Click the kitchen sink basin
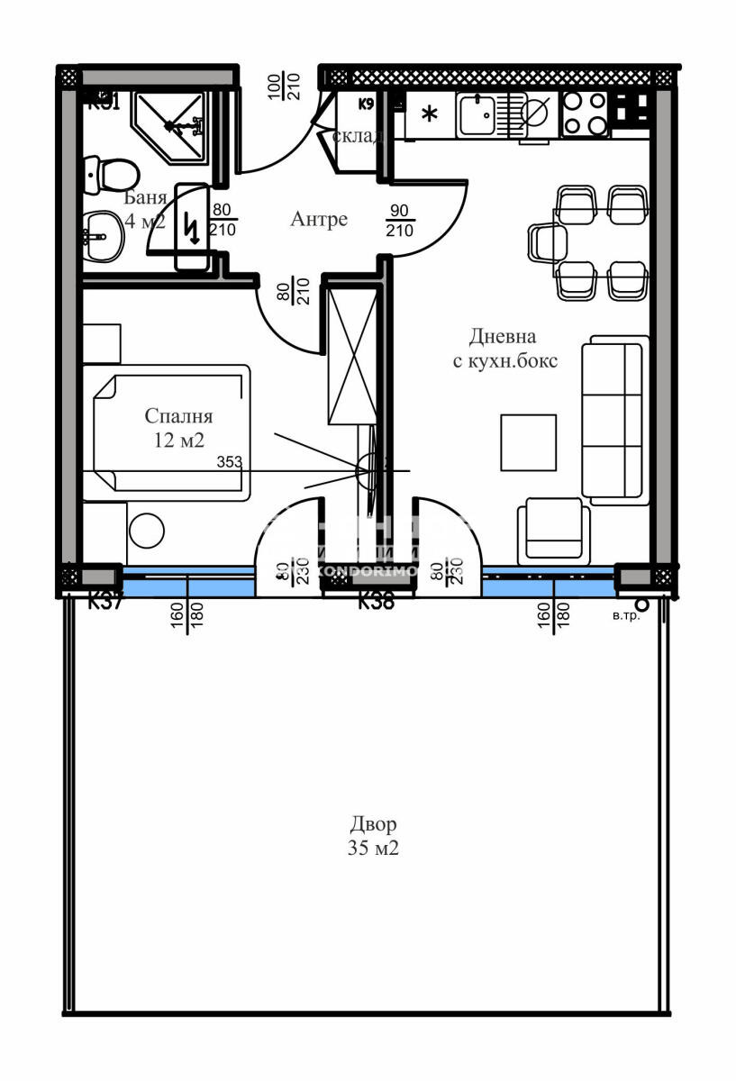[476, 114]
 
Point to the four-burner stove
[584, 114]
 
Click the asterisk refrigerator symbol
[430, 115]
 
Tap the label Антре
[319, 219]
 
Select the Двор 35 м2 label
[373, 835]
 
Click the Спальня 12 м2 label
[178, 428]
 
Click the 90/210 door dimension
[400, 220]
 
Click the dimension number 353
[231, 462]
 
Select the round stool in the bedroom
[146, 531]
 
